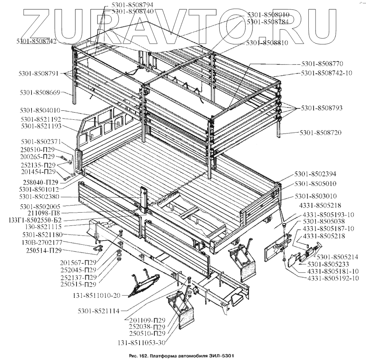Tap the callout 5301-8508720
[321, 133]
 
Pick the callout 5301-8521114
[98, 311]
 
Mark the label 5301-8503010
[315, 197]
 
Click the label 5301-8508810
[267, 43]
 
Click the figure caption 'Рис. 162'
[143, 356]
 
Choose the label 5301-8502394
[316, 174]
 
